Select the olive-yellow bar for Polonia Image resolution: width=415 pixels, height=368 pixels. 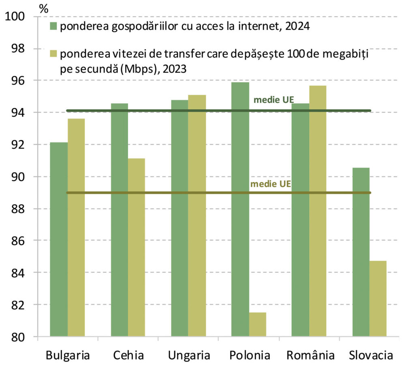pyautogui.click(x=258, y=324)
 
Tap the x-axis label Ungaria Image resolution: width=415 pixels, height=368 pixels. pyautogui.click(x=189, y=356)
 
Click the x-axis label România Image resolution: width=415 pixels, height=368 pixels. pyautogui.click(x=310, y=356)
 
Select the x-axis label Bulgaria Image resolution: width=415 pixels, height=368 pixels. pyautogui.click(x=68, y=356)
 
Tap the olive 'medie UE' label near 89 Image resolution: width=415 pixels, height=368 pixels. pyautogui.click(x=271, y=184)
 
